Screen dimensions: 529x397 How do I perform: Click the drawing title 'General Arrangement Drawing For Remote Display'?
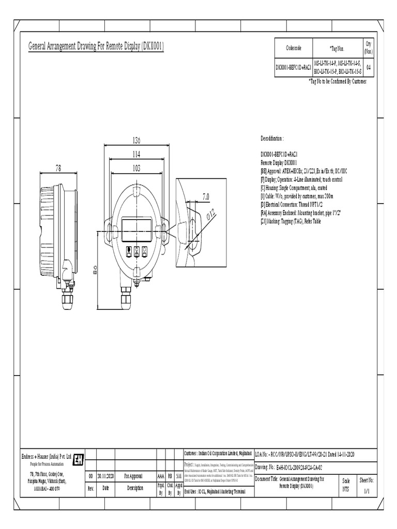[x=96, y=47]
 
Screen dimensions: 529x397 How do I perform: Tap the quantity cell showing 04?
[x=368, y=67]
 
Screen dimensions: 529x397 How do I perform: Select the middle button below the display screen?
[x=136, y=252]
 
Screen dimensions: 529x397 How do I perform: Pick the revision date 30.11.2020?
[x=105, y=476]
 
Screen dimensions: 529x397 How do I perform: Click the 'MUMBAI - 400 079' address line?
[x=50, y=488]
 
